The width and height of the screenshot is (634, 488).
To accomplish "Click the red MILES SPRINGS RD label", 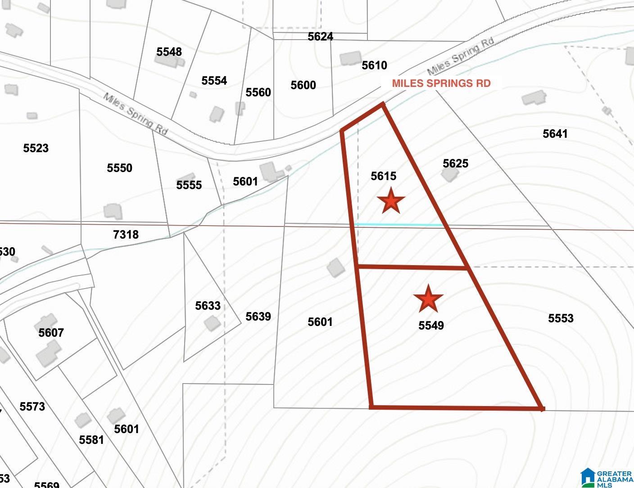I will pos(441,83).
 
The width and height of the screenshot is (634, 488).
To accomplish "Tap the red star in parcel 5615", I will pos(391,201).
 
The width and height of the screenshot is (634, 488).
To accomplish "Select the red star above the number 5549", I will pos(428,299).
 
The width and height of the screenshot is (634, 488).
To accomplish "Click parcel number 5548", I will pos(169,52).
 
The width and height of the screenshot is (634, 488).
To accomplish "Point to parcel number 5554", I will pos(214,81).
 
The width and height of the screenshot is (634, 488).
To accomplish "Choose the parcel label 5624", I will pos(321,36).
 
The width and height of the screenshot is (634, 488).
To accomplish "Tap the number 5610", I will pos(375,65).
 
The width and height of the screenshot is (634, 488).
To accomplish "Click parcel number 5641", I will pos(555,134).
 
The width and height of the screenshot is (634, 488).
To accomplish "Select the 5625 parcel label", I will pos(456,163).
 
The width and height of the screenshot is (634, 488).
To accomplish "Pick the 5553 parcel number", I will pos(561,318).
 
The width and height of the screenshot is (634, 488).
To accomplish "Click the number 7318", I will pos(126,235).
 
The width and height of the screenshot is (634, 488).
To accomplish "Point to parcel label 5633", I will pos(208,306).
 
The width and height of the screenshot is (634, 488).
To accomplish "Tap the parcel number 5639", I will pos(258,316).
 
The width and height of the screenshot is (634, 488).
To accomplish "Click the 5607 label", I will pos(51,333).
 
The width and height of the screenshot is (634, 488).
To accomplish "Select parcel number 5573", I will pos(32,407).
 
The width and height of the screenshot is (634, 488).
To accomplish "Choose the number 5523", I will pos(36,148).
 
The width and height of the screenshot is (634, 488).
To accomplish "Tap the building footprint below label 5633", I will pos(212,323).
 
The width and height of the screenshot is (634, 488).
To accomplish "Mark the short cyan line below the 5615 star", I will pos(399,224).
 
